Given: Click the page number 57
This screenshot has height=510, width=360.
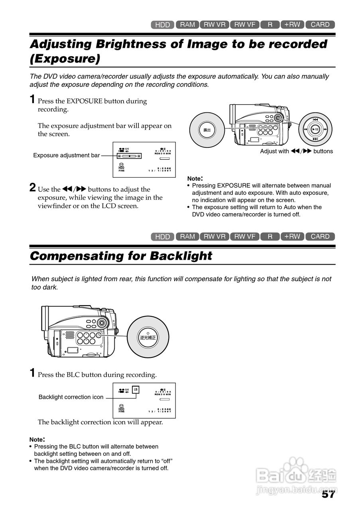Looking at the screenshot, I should click(x=328, y=494).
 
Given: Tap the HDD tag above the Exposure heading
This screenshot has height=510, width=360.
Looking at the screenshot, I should click(x=163, y=25).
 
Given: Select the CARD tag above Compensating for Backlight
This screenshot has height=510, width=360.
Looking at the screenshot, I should click(x=320, y=236).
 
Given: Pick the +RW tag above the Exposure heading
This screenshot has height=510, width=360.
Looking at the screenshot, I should click(x=292, y=25).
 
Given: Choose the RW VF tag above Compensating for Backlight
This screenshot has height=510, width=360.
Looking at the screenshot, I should click(x=245, y=236).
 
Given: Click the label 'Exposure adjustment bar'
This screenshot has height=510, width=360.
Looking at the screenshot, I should click(x=67, y=155).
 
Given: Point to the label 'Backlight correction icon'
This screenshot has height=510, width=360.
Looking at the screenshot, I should click(x=71, y=397).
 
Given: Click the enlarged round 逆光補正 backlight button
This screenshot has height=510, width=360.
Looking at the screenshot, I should click(x=148, y=337).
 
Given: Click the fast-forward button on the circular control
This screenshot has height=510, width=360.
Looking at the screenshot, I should click(x=325, y=129).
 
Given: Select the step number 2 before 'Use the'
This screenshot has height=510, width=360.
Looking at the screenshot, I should click(x=33, y=188).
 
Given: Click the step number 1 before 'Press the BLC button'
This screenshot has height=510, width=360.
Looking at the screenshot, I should click(x=33, y=373).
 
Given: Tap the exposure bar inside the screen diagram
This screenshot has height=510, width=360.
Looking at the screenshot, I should click(x=129, y=156).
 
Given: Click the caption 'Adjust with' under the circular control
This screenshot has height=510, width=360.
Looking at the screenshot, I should click(x=274, y=151).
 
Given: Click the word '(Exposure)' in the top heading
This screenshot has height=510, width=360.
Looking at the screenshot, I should click(x=65, y=59).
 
